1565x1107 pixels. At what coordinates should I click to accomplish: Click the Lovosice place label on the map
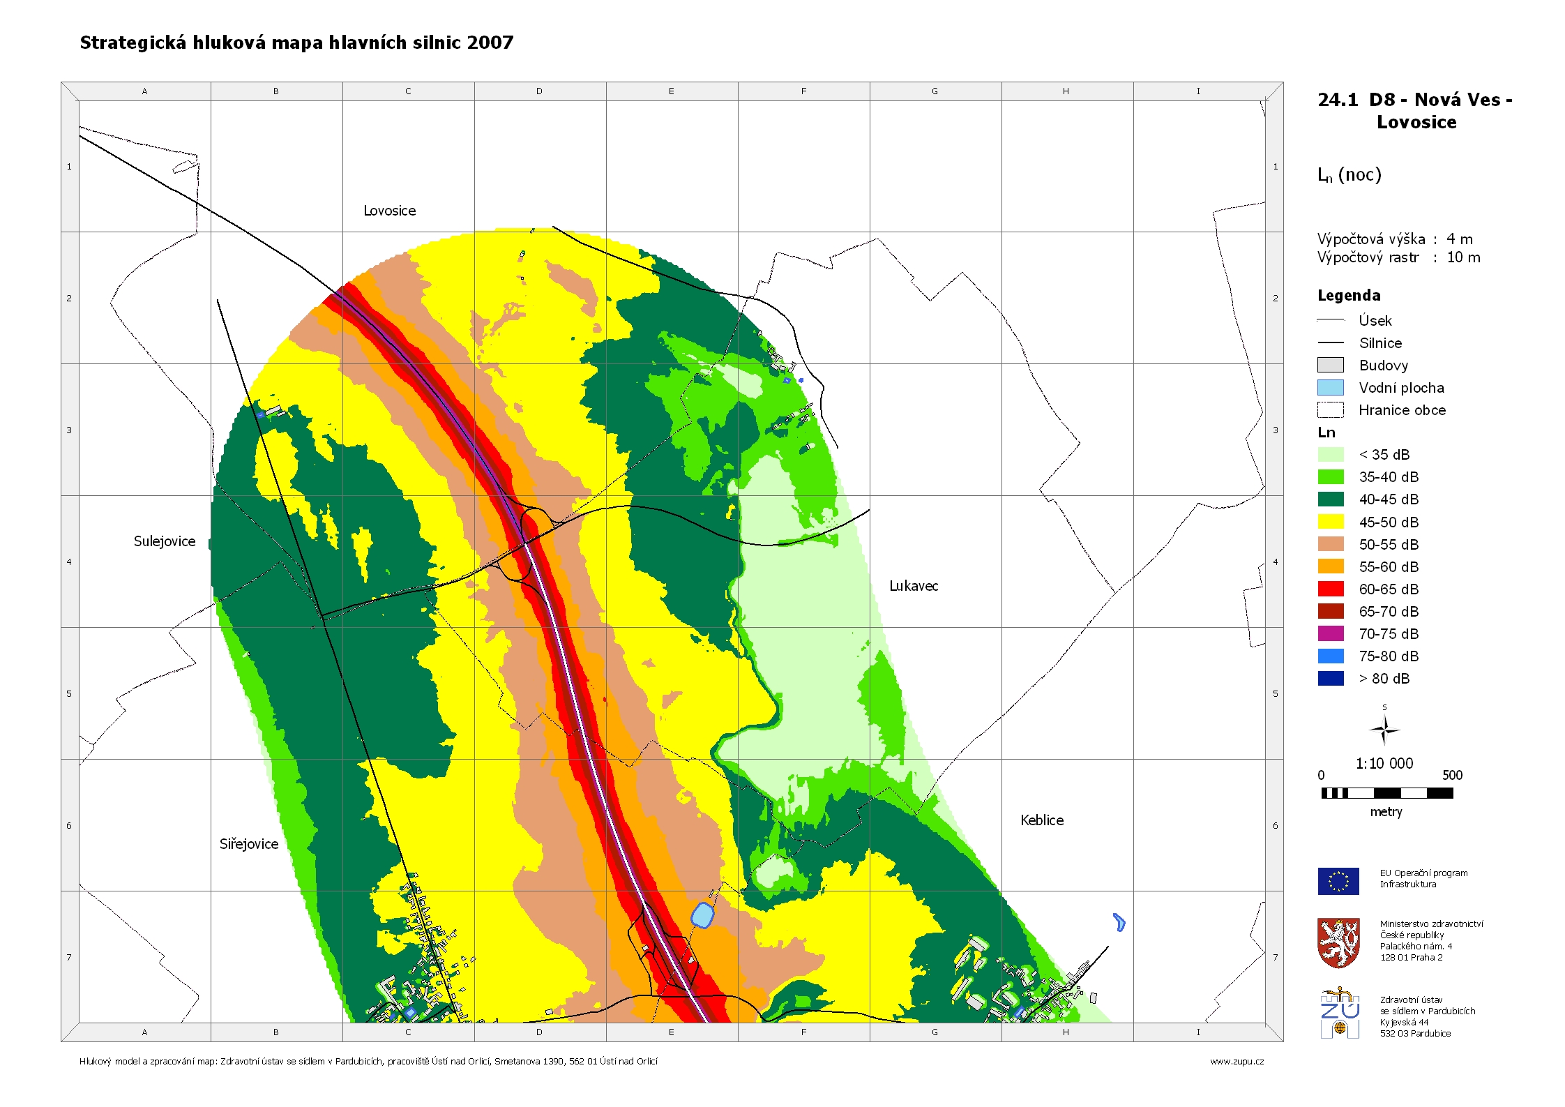pyautogui.click(x=389, y=211)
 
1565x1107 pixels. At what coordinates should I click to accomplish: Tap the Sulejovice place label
pyautogui.click(x=165, y=541)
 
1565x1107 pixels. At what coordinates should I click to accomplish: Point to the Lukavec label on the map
pyautogui.click(x=914, y=586)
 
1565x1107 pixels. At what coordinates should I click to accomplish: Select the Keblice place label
pyautogui.click(x=1042, y=820)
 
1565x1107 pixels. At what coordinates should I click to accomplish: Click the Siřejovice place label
pyautogui.click(x=249, y=844)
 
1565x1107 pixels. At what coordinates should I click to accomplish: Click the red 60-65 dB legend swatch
pyautogui.click(x=1330, y=589)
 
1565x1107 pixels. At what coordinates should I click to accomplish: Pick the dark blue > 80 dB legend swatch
pyautogui.click(x=1330, y=678)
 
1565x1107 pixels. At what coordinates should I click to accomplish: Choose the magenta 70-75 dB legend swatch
pyautogui.click(x=1330, y=633)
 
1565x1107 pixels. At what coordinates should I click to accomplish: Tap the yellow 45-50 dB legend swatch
pyautogui.click(x=1330, y=522)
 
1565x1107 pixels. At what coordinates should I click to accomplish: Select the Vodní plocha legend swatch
pyautogui.click(x=1330, y=388)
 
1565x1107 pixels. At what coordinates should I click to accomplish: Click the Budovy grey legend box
pyautogui.click(x=1330, y=365)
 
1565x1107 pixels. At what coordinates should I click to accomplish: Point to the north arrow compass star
pyautogui.click(x=1384, y=730)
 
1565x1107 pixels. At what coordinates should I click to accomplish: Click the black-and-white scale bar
pyautogui.click(x=1386, y=793)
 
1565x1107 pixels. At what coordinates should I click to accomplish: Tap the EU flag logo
pyautogui.click(x=1338, y=881)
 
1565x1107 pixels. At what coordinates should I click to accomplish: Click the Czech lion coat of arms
pyautogui.click(x=1338, y=942)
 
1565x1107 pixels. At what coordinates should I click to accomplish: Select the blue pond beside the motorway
pyautogui.click(x=702, y=914)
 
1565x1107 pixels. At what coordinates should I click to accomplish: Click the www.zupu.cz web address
pyautogui.click(x=1237, y=1061)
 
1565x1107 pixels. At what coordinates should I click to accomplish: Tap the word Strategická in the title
pyautogui.click(x=133, y=43)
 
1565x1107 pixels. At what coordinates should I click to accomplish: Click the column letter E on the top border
pyautogui.click(x=672, y=91)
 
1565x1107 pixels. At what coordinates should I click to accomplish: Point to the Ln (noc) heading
pyautogui.click(x=1349, y=175)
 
